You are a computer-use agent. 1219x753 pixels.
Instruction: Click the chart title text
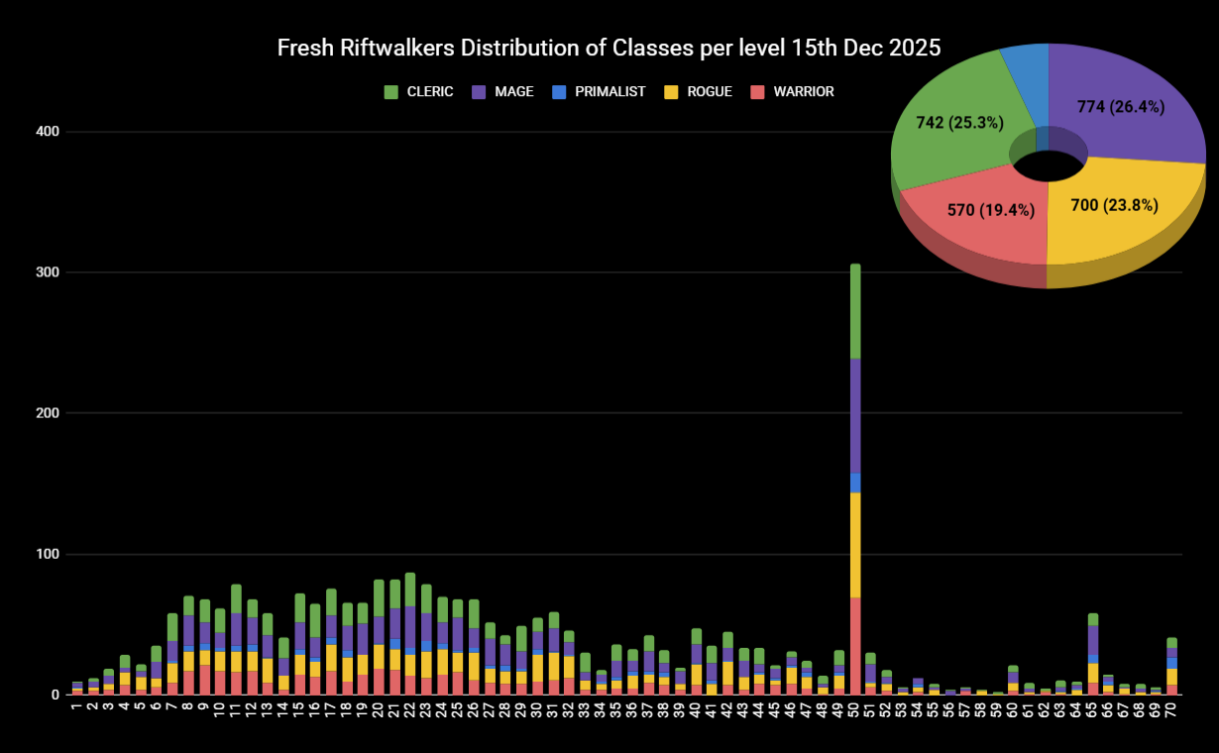(x=609, y=48)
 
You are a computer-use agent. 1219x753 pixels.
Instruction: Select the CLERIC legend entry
(x=418, y=92)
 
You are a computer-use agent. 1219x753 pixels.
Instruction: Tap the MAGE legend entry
(x=502, y=92)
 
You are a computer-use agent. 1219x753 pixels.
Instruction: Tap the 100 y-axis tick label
(x=47, y=554)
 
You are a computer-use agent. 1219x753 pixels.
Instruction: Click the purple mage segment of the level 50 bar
(x=855, y=416)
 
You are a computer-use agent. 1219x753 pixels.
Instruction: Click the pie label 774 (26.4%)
(x=1120, y=107)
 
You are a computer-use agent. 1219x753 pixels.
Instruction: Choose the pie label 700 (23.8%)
(x=1114, y=205)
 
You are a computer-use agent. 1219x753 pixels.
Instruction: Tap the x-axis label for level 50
(x=855, y=712)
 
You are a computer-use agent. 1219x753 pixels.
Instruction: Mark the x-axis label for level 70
(x=1171, y=712)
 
